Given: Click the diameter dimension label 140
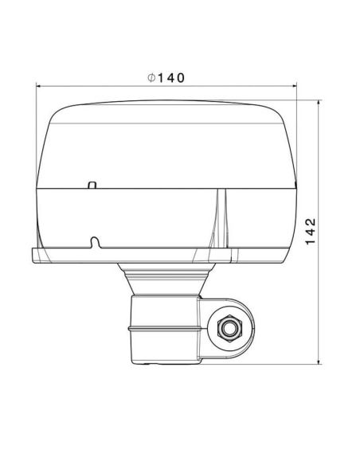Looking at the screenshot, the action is coord(170,78).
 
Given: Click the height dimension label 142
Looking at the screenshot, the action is coord(311,232).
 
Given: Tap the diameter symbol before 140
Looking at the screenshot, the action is coord(151,78).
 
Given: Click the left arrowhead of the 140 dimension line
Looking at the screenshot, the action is coord(38,86).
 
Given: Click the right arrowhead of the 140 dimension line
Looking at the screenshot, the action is coord(295,86).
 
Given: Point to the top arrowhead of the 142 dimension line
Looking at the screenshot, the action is coord(319,103).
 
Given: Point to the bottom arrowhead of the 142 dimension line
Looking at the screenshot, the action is coord(319,361).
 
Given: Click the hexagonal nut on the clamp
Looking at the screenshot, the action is coord(230,328).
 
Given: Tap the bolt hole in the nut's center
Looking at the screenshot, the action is coord(230,328).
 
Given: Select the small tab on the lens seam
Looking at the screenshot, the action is coord(92,185).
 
